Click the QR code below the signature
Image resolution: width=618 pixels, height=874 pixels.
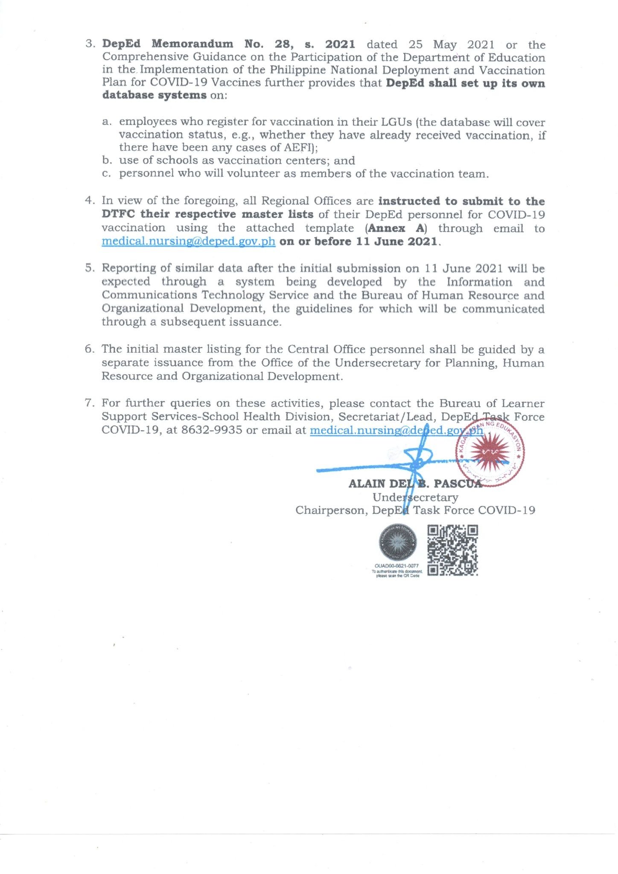pyautogui.click(x=452, y=550)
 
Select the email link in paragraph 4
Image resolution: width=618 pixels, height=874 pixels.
pyautogui.click(x=188, y=242)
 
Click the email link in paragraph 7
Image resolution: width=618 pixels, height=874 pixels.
pyautogui.click(x=396, y=430)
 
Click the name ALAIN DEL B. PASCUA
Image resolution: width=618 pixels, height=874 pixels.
pyautogui.click(x=415, y=484)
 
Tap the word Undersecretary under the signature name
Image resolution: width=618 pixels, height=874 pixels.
pyautogui.click(x=415, y=497)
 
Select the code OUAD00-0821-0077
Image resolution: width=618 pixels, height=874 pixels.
pyautogui.click(x=397, y=566)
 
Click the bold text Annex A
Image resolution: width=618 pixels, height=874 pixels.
pyautogui.click(x=396, y=228)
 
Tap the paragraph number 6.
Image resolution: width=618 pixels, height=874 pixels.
pyautogui.click(x=89, y=349)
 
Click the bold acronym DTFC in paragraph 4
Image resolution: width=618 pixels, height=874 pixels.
pyautogui.click(x=118, y=214)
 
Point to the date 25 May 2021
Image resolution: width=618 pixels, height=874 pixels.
pyautogui.click(x=451, y=45)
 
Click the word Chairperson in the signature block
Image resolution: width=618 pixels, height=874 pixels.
pyautogui.click(x=330, y=510)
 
